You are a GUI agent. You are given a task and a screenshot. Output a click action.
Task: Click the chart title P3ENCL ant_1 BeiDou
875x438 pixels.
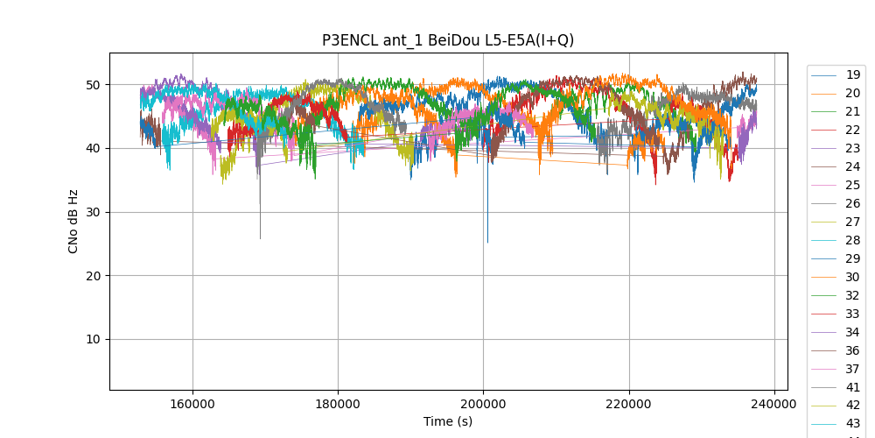(x=448, y=40)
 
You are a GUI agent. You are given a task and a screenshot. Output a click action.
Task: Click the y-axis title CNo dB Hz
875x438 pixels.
(x=73, y=222)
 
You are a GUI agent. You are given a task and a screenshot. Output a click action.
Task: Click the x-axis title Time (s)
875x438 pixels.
(x=448, y=421)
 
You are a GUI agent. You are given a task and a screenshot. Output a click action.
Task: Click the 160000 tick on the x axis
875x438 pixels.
(x=192, y=405)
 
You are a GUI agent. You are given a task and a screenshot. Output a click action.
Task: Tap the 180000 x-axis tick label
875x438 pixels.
(x=338, y=405)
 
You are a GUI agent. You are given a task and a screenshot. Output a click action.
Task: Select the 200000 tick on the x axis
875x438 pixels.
(x=483, y=405)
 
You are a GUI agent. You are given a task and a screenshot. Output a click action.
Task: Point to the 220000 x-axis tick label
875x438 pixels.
(x=628, y=405)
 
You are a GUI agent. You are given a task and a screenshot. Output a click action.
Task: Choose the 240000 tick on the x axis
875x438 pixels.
(x=773, y=405)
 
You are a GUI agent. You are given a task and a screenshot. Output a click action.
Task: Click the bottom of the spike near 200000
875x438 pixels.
(x=487, y=243)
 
